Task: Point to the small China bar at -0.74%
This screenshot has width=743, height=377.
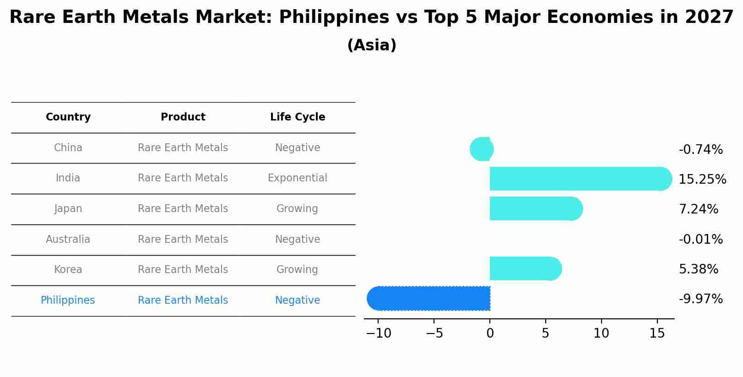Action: click(x=482, y=149)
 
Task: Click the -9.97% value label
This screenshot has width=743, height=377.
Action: click(x=700, y=299)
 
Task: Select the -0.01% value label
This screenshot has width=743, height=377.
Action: click(x=700, y=240)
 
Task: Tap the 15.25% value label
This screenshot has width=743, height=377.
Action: click(x=702, y=180)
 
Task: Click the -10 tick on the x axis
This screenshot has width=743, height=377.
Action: click(x=379, y=333)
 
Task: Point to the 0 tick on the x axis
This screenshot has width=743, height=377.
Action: click(x=490, y=333)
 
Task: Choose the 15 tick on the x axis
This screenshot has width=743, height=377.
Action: click(x=657, y=333)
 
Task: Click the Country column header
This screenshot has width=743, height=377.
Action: click(x=68, y=117)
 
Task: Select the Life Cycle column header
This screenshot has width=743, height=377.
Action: click(x=298, y=117)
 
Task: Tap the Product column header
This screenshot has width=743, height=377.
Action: click(x=183, y=117)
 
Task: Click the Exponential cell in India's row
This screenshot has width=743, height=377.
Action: click(x=298, y=178)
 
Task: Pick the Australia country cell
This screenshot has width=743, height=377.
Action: click(x=68, y=239)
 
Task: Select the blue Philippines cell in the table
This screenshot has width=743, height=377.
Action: click(x=68, y=301)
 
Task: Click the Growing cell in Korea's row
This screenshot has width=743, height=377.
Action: click(x=298, y=270)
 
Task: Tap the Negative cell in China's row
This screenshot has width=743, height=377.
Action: click(x=298, y=148)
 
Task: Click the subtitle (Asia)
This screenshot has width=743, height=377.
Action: click(x=372, y=45)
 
